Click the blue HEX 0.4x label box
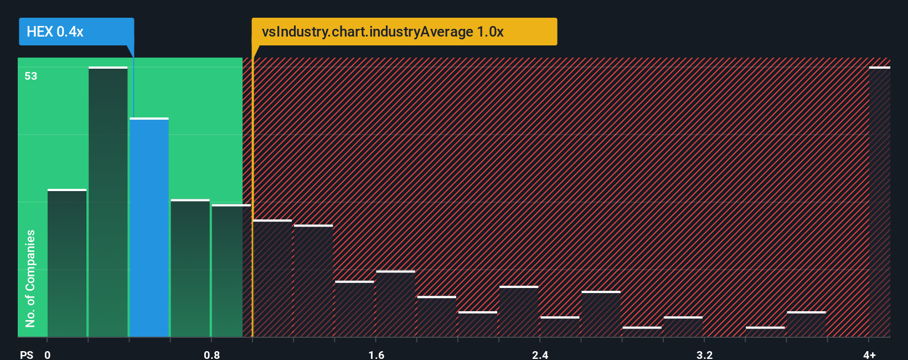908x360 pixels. click(76, 32)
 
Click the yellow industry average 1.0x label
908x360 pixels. click(404, 32)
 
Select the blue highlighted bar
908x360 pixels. click(149, 227)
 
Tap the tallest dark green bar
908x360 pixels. click(108, 202)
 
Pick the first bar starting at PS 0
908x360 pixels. click(67, 263)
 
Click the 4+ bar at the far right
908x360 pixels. click(879, 202)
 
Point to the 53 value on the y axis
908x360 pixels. click(31, 76)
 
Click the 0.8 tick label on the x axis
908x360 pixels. click(211, 354)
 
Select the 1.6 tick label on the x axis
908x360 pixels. click(376, 354)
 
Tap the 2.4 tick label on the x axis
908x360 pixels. click(540, 354)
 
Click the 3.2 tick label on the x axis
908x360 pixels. click(704, 354)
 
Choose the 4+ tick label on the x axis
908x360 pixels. click(869, 354)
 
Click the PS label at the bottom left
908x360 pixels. click(27, 354)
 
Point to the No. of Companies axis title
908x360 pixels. click(30, 278)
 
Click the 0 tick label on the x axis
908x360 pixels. click(48, 354)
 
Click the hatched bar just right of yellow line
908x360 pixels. click(272, 279)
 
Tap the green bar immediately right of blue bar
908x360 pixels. click(190, 268)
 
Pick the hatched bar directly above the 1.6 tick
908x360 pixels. click(395, 304)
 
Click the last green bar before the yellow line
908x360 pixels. click(231, 271)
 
